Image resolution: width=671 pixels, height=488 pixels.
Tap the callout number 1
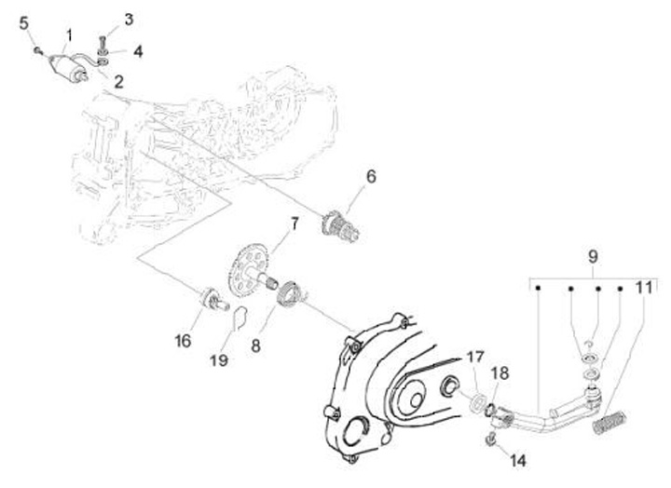[x=67, y=35]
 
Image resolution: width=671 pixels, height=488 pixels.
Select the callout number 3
[x=129, y=19]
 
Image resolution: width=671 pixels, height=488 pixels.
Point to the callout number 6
[x=370, y=175]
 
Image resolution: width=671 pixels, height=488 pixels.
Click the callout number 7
[x=293, y=224]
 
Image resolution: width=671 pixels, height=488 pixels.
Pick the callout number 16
[x=184, y=341]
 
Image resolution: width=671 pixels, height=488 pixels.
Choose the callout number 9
[x=590, y=255]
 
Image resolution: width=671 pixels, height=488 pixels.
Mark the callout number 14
[x=518, y=459]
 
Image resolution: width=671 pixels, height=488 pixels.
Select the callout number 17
[x=475, y=357]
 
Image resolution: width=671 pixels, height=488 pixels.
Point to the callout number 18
[x=500, y=373]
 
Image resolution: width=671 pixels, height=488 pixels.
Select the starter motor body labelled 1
[x=69, y=67]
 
